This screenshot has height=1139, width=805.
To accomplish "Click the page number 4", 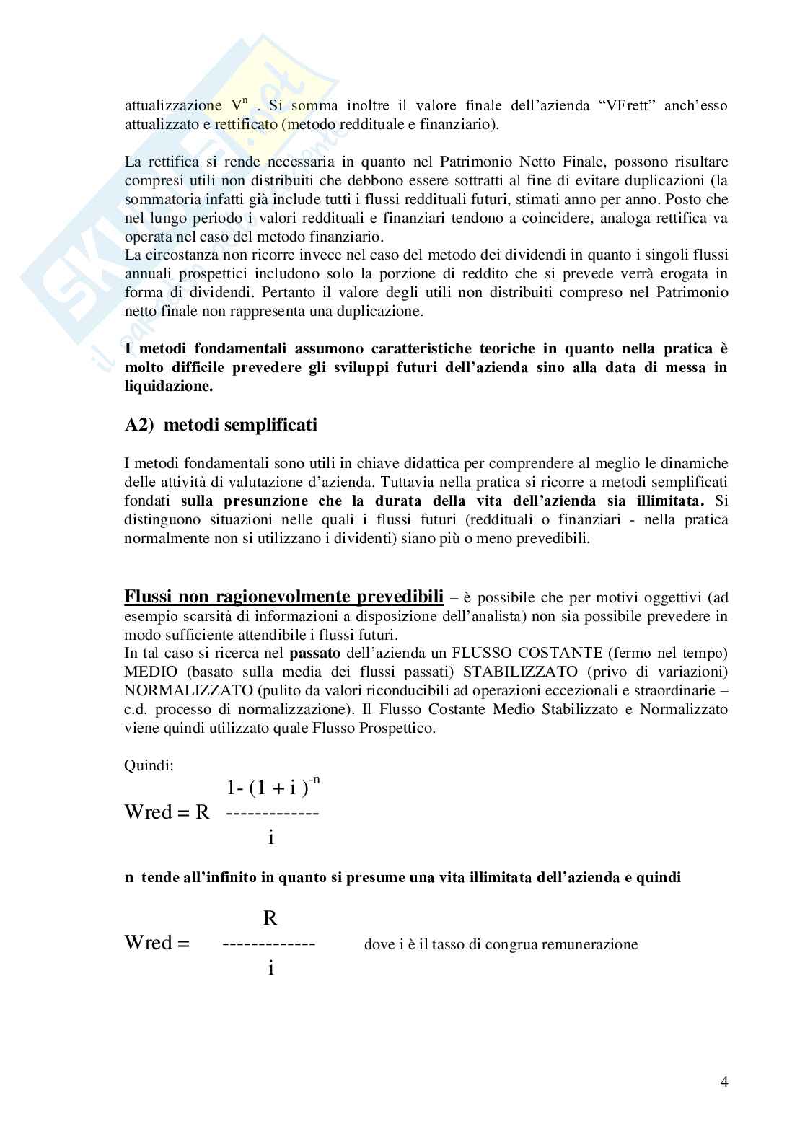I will point(723,1082).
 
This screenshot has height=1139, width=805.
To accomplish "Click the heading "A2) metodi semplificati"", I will point(221,425).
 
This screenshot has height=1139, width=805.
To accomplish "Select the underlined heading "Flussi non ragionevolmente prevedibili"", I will point(284,597).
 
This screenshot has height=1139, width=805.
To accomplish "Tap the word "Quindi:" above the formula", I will point(149,765).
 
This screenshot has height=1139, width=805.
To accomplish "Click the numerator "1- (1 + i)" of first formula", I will point(263,788).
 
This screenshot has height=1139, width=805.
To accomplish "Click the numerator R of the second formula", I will point(270,918).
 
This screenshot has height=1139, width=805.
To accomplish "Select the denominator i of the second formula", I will point(270,968).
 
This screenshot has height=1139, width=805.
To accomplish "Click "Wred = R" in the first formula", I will point(167,812).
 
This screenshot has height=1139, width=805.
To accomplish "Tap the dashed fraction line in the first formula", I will point(272,813).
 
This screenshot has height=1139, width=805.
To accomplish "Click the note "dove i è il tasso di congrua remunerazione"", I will point(501,944).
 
